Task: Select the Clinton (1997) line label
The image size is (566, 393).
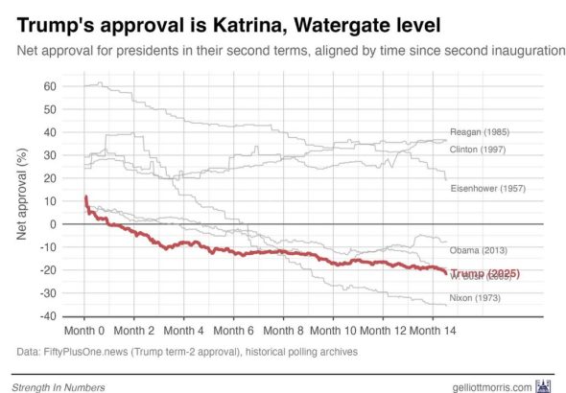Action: tap(481, 150)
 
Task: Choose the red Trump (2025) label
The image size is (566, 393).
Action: tap(484, 274)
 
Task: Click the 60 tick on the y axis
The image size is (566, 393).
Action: tap(50, 86)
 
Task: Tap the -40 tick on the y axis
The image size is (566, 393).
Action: tap(48, 316)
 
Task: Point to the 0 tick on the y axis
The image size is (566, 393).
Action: tap(54, 224)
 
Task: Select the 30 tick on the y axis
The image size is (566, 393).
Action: tap(50, 155)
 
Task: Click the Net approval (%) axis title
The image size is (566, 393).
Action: tap(20, 200)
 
